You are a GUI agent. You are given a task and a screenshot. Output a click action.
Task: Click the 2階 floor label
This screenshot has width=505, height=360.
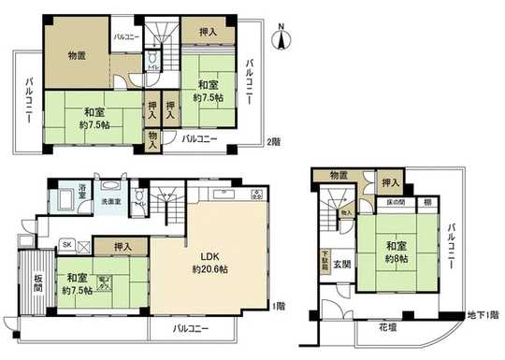(272, 141)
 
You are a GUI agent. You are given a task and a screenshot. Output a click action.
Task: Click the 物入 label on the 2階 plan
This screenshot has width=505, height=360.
(151, 140)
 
